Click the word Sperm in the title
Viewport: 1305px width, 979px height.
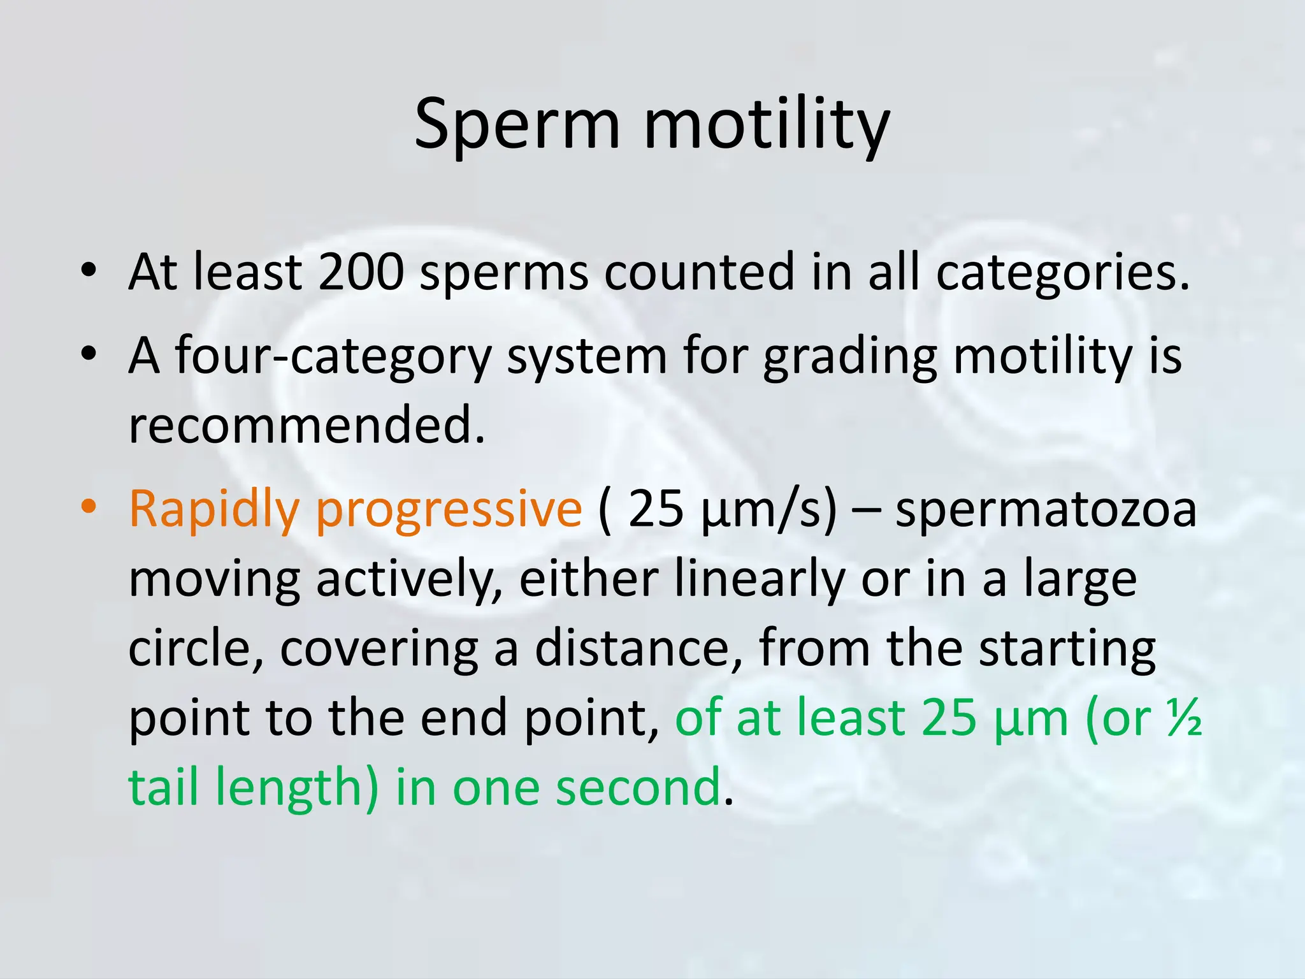517,124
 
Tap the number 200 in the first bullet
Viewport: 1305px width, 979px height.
361,272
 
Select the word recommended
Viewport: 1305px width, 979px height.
306,425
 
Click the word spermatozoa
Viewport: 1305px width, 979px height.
1046,510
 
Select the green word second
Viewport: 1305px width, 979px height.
638,787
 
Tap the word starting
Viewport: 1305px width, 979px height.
1067,650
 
